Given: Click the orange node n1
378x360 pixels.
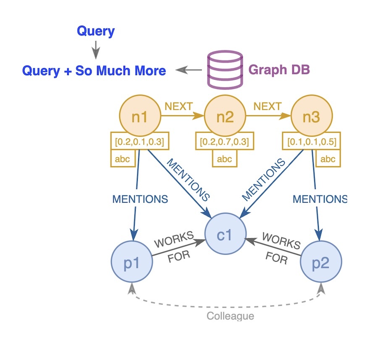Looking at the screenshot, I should [x=140, y=117].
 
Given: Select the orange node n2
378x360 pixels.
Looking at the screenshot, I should [x=225, y=117].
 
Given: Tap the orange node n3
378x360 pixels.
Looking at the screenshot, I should [x=311, y=117].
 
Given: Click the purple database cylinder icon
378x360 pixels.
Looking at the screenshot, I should [x=225, y=69].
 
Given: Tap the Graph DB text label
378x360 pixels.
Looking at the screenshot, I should [x=279, y=69].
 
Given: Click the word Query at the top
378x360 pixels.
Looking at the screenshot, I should [x=96, y=31].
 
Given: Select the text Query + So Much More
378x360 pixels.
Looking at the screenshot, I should [x=94, y=70].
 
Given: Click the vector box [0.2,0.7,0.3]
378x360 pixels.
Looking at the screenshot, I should [x=225, y=142].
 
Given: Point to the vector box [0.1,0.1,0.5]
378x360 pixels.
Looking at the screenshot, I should [x=311, y=142].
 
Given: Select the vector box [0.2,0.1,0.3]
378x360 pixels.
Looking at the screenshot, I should [x=140, y=142].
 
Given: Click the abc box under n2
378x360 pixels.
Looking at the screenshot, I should [x=225, y=159].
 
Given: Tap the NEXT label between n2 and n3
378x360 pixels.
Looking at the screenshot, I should [x=268, y=106].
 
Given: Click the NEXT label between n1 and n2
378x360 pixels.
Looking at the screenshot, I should [x=178, y=106].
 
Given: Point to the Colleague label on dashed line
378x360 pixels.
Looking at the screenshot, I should [x=231, y=315].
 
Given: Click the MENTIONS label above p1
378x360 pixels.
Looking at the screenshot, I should [x=140, y=199].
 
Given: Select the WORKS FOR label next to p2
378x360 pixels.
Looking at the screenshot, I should [x=279, y=249].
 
